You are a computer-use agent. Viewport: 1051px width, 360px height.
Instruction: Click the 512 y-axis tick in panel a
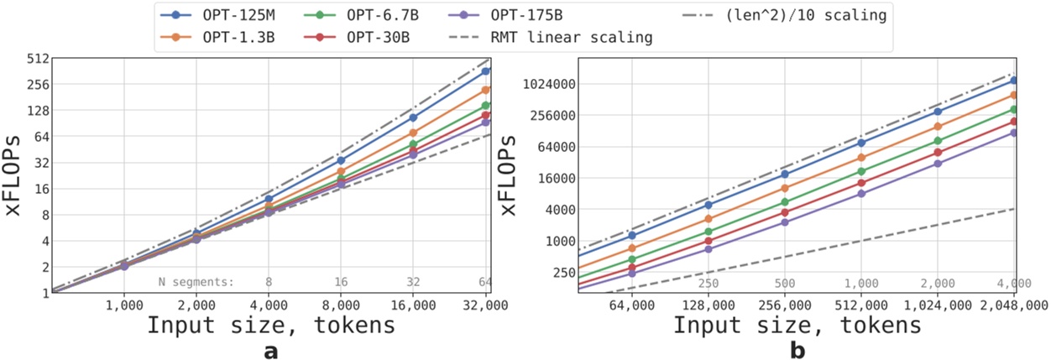38,59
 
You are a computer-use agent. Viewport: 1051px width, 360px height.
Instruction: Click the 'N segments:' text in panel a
196,282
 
